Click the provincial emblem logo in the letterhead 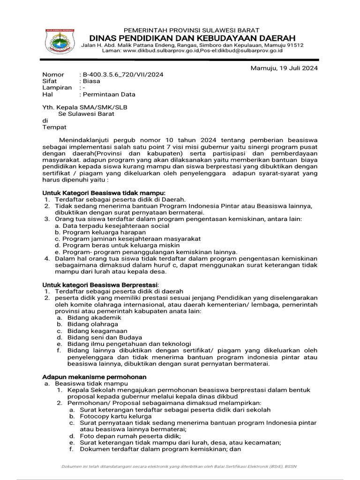(x=59, y=41)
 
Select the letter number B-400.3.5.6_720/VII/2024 (x=123, y=75)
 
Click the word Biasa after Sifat (x=91, y=81)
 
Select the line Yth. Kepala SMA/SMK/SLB (x=85, y=107)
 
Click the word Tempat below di (x=54, y=127)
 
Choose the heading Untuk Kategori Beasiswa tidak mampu (x=104, y=193)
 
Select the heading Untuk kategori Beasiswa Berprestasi (x=100, y=285)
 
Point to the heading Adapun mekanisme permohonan (x=95, y=377)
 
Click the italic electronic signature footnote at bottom (x=180, y=466)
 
